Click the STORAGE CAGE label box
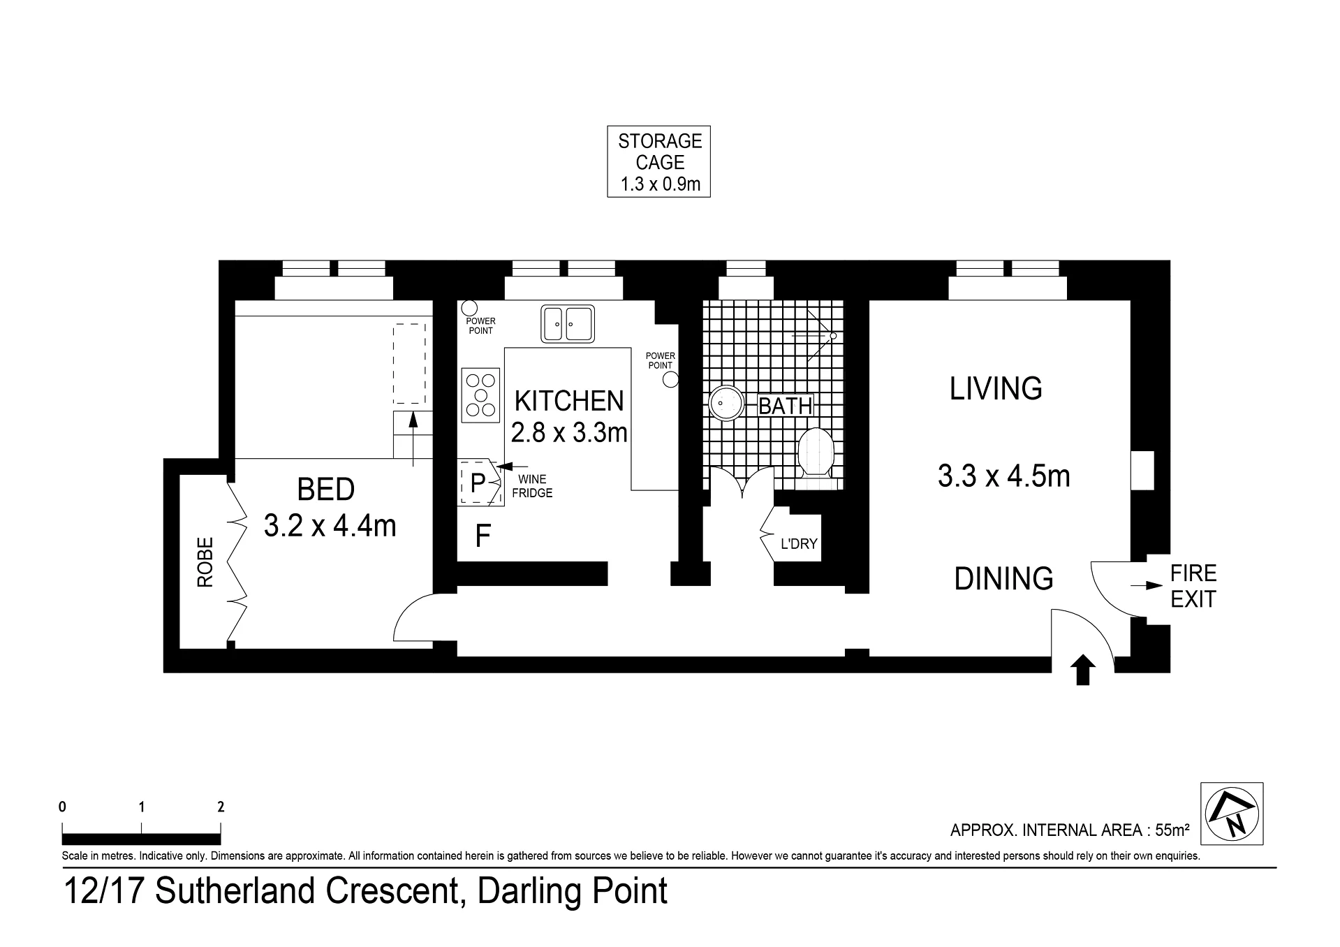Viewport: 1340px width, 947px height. tap(658, 162)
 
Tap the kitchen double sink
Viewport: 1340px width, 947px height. tap(568, 324)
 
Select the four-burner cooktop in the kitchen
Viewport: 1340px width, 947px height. tap(481, 395)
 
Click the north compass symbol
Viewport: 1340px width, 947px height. tap(1232, 814)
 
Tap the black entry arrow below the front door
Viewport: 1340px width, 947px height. tap(1083, 670)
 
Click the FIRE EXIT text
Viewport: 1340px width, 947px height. tap(1193, 587)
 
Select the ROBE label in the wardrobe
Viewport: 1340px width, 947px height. tap(205, 562)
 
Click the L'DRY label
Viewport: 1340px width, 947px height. tap(799, 543)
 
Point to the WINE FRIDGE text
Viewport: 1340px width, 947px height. tap(535, 486)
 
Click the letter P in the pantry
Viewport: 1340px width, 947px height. tap(478, 483)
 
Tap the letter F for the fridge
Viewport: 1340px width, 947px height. tap(483, 536)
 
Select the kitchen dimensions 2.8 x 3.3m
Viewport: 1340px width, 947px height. tap(569, 433)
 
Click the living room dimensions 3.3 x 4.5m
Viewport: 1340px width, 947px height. tap(1003, 476)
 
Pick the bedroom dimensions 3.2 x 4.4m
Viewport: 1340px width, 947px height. tap(330, 525)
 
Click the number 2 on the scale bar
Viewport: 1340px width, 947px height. tap(221, 807)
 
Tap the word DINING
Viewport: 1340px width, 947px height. tap(1003, 578)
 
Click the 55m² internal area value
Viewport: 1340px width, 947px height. tap(1172, 830)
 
